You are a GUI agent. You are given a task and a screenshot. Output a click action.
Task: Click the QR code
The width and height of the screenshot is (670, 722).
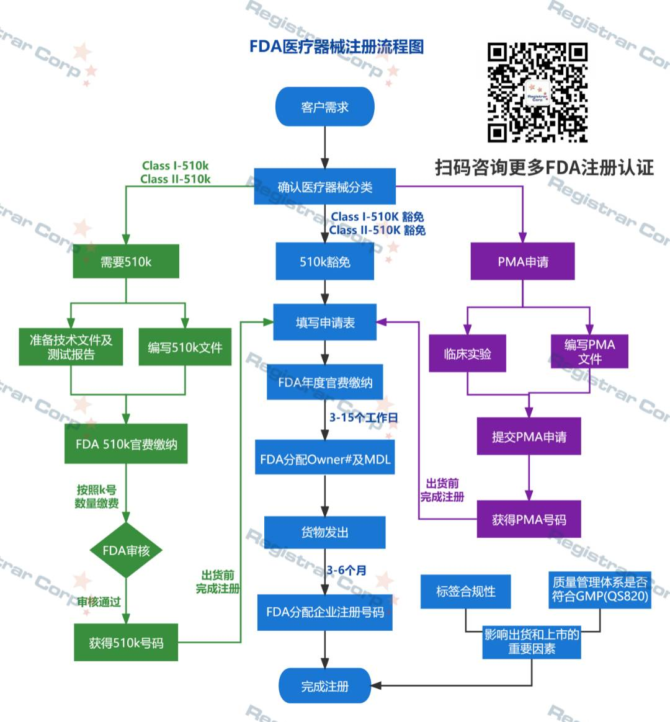pyautogui.click(x=537, y=92)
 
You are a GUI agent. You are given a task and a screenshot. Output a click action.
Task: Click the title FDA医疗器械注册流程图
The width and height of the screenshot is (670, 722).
pyautogui.click(x=336, y=47)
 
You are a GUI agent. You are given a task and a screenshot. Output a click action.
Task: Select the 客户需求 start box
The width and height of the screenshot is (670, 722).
pyautogui.click(x=324, y=107)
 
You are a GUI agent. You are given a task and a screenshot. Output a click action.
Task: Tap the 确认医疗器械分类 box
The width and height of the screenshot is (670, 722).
pyautogui.click(x=324, y=187)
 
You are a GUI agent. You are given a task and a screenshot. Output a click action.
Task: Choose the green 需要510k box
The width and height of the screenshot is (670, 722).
pyautogui.click(x=126, y=262)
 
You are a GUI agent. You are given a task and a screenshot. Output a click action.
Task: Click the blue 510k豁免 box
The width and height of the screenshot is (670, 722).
pyautogui.click(x=324, y=262)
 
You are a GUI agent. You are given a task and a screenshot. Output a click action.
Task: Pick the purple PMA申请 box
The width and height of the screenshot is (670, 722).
pyautogui.click(x=522, y=262)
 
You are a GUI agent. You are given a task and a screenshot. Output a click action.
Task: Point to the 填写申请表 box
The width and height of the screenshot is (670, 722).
pyautogui.click(x=324, y=323)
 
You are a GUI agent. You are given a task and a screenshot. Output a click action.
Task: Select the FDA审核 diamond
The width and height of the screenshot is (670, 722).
pyautogui.click(x=126, y=550)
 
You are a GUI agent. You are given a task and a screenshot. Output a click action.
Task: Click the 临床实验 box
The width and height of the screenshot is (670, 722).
pyautogui.click(x=467, y=354)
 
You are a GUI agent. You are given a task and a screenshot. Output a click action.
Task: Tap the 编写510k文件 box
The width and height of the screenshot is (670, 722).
pyautogui.click(x=185, y=347)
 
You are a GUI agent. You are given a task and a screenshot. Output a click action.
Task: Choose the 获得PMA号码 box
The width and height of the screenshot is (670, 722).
pyautogui.click(x=529, y=520)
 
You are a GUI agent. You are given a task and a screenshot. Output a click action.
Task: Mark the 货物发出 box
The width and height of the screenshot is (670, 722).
pyautogui.click(x=324, y=532)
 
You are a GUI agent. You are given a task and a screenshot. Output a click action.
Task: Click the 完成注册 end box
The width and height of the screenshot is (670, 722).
pyautogui.click(x=324, y=686)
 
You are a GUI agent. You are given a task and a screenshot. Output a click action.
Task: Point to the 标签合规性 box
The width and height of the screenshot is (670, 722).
pyautogui.click(x=465, y=591)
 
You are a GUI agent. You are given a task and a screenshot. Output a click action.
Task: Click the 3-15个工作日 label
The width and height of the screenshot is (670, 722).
pyautogui.click(x=364, y=417)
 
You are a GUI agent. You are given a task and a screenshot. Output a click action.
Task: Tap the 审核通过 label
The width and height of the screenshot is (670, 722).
pyautogui.click(x=99, y=602)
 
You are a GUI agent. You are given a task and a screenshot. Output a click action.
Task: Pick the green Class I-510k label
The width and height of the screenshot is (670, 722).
pyautogui.click(x=176, y=166)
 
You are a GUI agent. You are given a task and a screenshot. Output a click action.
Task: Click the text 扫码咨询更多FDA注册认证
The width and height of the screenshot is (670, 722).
pyautogui.click(x=544, y=167)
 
